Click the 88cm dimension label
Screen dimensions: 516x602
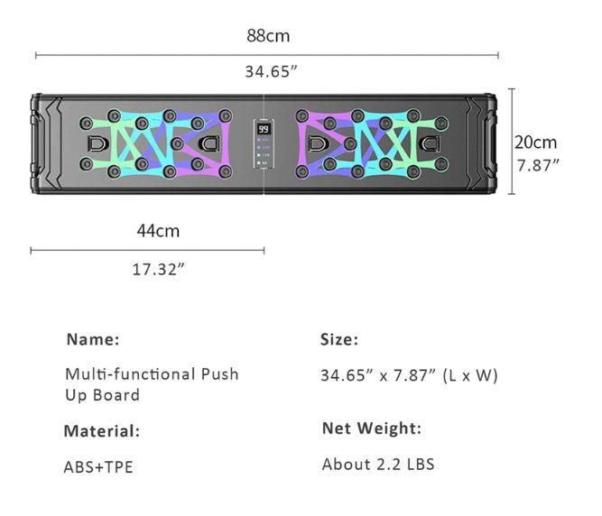click(268, 36)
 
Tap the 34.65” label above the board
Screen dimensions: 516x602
click(270, 71)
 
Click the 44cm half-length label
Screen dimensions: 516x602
click(158, 231)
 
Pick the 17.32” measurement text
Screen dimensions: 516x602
click(158, 269)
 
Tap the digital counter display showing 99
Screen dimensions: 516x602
click(264, 130)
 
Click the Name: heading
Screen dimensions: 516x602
click(92, 340)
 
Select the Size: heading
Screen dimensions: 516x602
click(339, 340)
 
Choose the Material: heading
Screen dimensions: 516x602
click(102, 431)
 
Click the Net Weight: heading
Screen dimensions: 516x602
click(372, 428)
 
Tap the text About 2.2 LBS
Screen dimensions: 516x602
click(378, 465)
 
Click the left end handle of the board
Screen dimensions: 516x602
click(41, 143)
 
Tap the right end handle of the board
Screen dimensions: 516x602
click(488, 143)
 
